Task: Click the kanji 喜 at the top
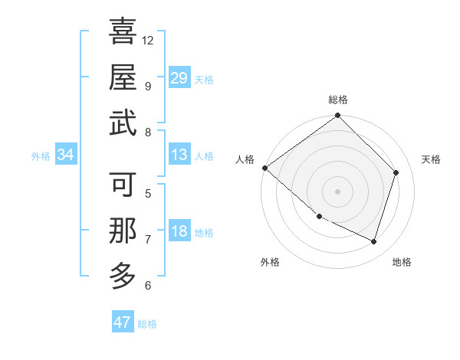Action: (x=123, y=31)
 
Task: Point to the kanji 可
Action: (x=123, y=185)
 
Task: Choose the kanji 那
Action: (x=123, y=231)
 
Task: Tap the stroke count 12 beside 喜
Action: (x=148, y=40)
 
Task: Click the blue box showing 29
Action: (x=179, y=78)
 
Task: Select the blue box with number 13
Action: (x=179, y=155)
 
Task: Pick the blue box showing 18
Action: (x=179, y=232)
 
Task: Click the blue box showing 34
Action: (x=65, y=155)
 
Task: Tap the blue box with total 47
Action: (x=123, y=322)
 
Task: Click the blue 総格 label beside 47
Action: (x=147, y=324)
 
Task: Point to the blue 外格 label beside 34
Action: (x=41, y=156)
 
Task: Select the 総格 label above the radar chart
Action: (x=337, y=100)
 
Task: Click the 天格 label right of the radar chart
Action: (x=431, y=159)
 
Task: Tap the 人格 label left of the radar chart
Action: (x=245, y=159)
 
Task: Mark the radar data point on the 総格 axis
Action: (x=337, y=116)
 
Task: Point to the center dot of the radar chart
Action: (x=337, y=191)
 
